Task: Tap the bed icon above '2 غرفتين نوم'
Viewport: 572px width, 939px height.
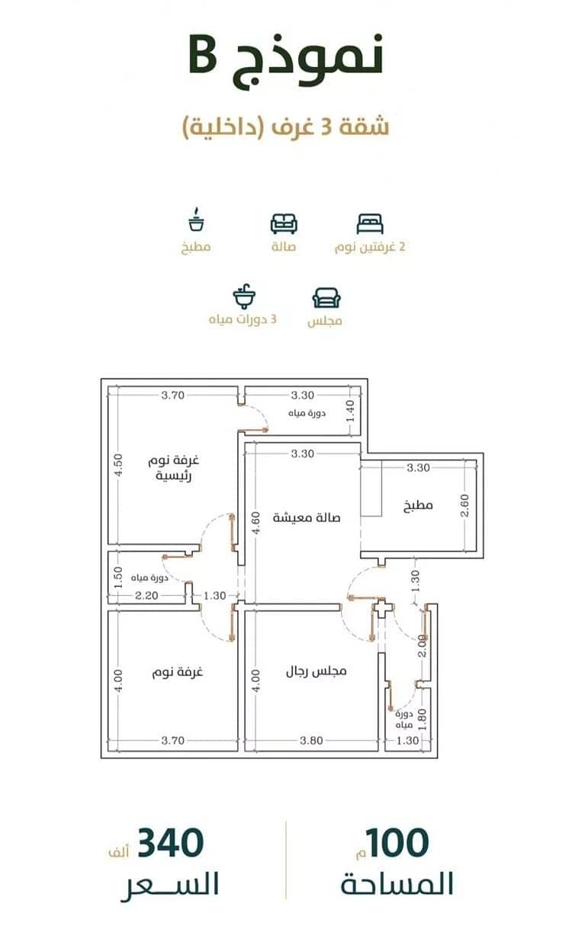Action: tap(370, 224)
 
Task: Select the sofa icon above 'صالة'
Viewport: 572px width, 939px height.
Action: tap(284, 223)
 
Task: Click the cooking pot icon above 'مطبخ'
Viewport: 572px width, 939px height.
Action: tap(196, 220)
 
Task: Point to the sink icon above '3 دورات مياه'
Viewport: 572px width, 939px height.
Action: tap(245, 296)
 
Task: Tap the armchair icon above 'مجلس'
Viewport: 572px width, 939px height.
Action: tap(326, 298)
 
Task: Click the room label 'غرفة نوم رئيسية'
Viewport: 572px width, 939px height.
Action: tap(174, 468)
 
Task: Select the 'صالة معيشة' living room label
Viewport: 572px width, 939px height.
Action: tap(307, 518)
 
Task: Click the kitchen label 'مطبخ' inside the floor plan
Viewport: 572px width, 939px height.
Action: tap(418, 505)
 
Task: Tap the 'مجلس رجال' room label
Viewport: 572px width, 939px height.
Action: tap(317, 671)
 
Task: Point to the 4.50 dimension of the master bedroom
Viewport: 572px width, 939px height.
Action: tap(119, 465)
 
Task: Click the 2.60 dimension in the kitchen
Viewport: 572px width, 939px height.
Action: tap(464, 505)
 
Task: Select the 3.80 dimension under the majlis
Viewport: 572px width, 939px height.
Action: tap(311, 740)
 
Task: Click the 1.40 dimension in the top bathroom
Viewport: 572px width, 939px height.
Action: tap(351, 412)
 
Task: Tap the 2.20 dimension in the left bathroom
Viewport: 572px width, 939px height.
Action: tap(146, 595)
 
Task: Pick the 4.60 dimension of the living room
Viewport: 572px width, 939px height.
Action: tap(255, 523)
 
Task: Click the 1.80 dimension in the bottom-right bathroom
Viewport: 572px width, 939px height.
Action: tap(423, 719)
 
